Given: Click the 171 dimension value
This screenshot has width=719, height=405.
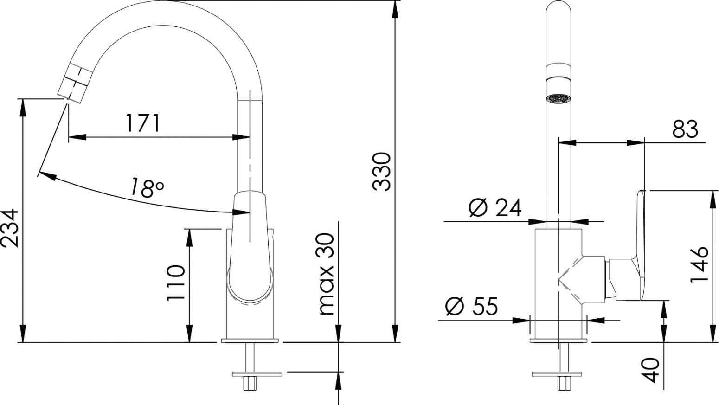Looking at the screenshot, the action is pos(143,123).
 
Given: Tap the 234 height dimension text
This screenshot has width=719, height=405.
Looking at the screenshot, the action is pos(10,228).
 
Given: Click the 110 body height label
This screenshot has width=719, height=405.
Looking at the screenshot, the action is pos(176,283).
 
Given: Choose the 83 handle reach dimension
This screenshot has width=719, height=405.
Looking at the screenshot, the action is pos(685,129).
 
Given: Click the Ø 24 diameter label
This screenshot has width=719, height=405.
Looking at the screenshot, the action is pos(494,208).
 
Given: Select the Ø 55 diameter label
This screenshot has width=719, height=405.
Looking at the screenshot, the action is pos(471,306).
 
